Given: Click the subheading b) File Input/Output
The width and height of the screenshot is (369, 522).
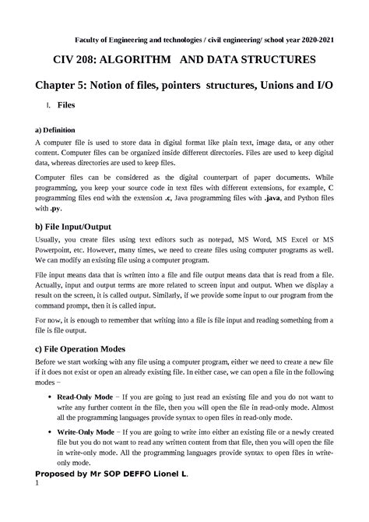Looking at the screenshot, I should [79, 226].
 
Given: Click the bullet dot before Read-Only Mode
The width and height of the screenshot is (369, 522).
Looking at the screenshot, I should [50, 397].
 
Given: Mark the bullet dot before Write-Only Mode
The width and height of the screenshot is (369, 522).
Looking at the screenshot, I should [50, 432].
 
